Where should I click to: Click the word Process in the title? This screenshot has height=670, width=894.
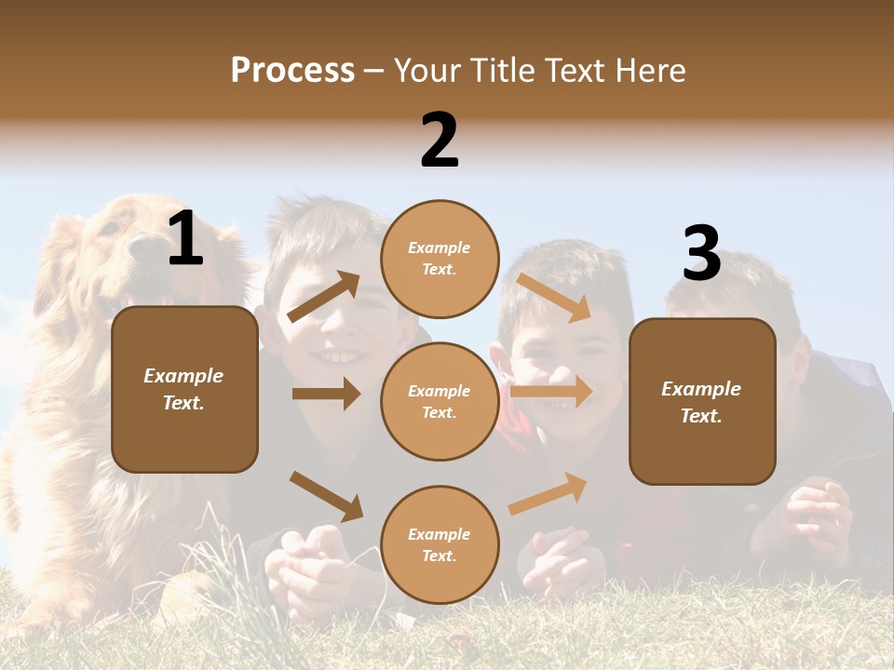[x=292, y=71]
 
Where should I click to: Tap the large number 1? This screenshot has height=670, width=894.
[x=185, y=239]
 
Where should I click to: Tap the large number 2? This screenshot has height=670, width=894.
[x=440, y=141]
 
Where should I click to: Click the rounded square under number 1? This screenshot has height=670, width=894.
[x=184, y=389]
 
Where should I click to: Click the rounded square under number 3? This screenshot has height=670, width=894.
[x=702, y=401]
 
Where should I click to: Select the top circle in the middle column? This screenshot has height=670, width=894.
[x=440, y=259]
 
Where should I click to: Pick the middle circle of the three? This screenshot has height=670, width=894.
[x=440, y=401]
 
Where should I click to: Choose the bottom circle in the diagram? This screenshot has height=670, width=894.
[x=440, y=544]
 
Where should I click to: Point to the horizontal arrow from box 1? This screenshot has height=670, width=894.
[x=326, y=394]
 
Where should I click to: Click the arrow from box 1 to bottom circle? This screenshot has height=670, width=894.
[x=326, y=495]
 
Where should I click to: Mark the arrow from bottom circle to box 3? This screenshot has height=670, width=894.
[x=549, y=493]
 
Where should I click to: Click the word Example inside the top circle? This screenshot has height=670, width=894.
[x=440, y=248]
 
